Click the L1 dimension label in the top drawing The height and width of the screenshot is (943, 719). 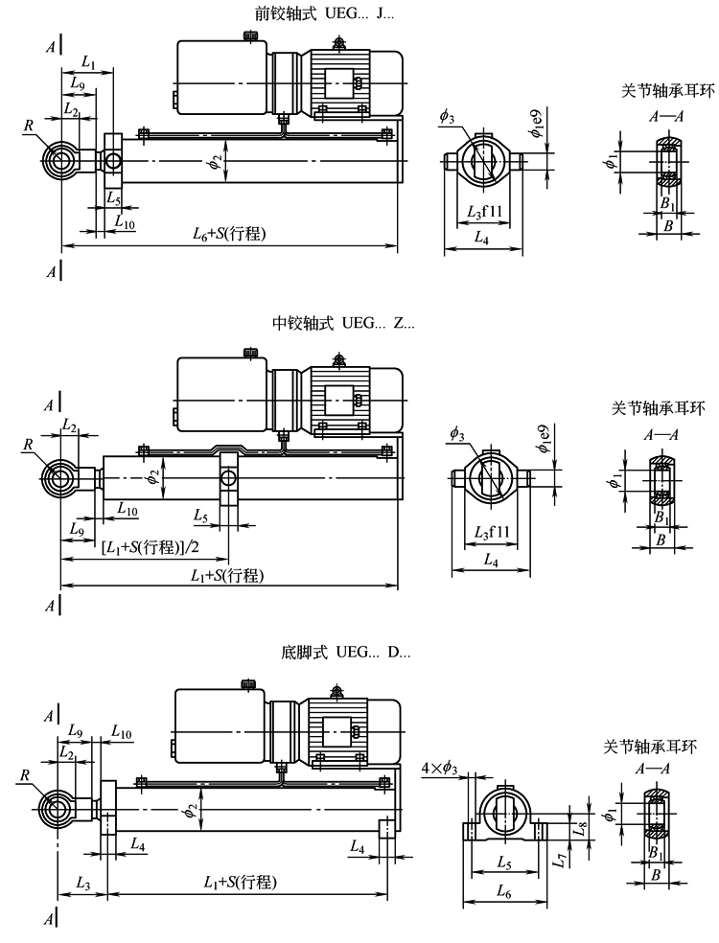click(88, 62)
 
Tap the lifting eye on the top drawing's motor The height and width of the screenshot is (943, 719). click(338, 41)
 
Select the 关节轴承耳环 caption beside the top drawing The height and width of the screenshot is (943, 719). click(655, 92)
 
